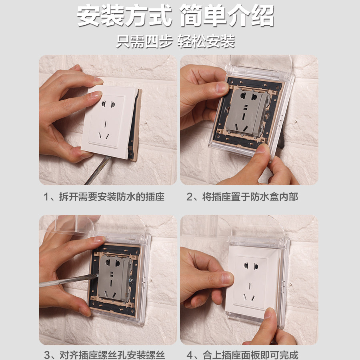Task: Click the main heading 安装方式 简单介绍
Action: click(x=176, y=16)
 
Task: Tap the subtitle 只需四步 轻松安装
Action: click(x=176, y=41)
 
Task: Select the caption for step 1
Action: click(x=104, y=197)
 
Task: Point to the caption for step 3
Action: click(x=104, y=355)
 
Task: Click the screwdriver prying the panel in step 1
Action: click(x=98, y=170)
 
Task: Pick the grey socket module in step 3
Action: click(x=114, y=278)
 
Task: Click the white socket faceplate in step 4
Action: click(x=252, y=282)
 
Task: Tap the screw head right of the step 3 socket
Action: click(x=132, y=280)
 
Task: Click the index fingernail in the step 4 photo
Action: click(x=227, y=278)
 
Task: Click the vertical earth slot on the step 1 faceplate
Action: click(x=105, y=124)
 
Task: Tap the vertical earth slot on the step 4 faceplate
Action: click(x=250, y=286)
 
